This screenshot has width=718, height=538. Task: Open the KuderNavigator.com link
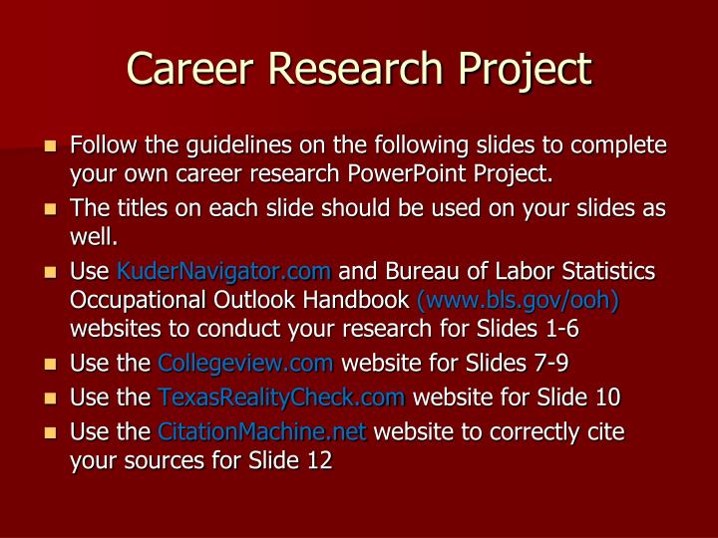click(x=223, y=271)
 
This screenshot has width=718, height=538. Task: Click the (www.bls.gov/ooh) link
click(x=518, y=299)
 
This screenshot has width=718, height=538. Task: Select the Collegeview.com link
click(x=245, y=364)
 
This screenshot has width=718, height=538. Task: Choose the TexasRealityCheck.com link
click(x=281, y=398)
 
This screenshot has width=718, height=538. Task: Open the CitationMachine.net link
click(x=262, y=432)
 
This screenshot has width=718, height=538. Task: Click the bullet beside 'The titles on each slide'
click(x=50, y=211)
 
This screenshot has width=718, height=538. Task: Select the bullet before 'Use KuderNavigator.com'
click(x=50, y=272)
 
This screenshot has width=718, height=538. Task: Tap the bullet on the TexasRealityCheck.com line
click(x=50, y=399)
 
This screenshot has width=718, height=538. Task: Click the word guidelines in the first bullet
click(x=225, y=146)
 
